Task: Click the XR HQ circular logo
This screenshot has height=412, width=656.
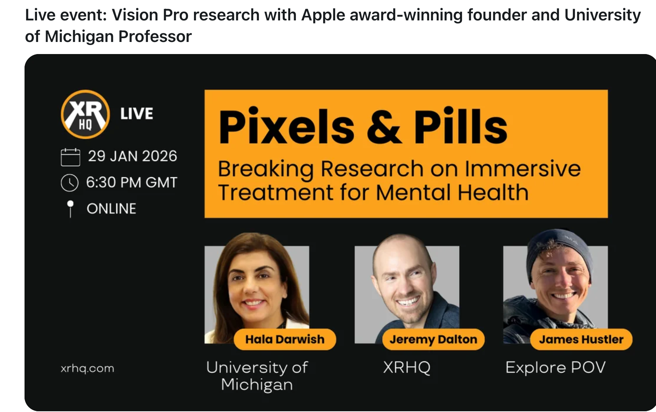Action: (x=85, y=114)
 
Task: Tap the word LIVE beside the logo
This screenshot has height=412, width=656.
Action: (x=137, y=114)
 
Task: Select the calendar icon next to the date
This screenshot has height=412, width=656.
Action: (x=70, y=157)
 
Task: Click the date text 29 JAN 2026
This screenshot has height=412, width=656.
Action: (x=132, y=156)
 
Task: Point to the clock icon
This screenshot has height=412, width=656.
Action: (x=69, y=183)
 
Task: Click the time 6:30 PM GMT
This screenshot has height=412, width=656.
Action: (x=132, y=183)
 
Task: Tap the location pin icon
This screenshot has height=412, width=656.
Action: (x=70, y=209)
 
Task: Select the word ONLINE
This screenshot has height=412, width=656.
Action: (x=111, y=209)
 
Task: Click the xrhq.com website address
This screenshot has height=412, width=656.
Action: (x=87, y=368)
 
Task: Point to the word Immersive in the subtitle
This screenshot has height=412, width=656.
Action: (x=523, y=168)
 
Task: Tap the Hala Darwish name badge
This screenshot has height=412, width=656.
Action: (x=285, y=339)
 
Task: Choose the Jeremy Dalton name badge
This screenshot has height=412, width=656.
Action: (x=433, y=339)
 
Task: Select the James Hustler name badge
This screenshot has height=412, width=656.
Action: (x=581, y=339)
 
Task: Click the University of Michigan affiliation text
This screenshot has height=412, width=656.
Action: (x=257, y=376)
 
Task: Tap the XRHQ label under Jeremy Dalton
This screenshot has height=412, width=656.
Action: (x=407, y=367)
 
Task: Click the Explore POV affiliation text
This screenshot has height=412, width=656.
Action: (x=556, y=367)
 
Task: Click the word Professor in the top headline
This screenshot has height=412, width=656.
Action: (x=155, y=37)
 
